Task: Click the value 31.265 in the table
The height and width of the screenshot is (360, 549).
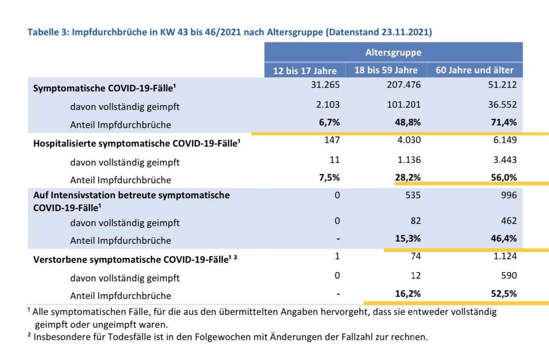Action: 325,84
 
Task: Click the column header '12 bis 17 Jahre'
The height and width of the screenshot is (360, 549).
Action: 305,71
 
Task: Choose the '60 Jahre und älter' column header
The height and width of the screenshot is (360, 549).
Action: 474,70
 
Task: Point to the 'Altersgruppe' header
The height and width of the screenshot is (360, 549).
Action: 393,53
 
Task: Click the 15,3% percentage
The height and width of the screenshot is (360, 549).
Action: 408,239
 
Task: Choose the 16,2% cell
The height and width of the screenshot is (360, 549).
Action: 408,293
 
